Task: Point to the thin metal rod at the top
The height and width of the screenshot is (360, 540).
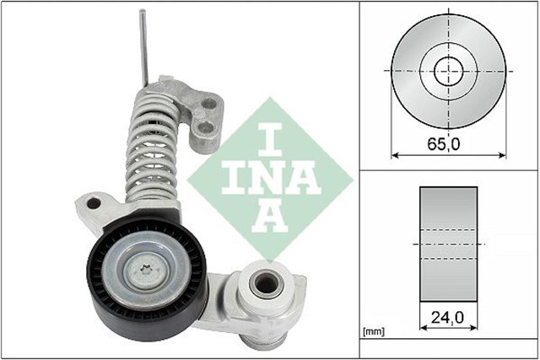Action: click(x=144, y=46)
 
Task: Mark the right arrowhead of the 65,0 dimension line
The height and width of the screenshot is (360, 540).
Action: click(x=504, y=154)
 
